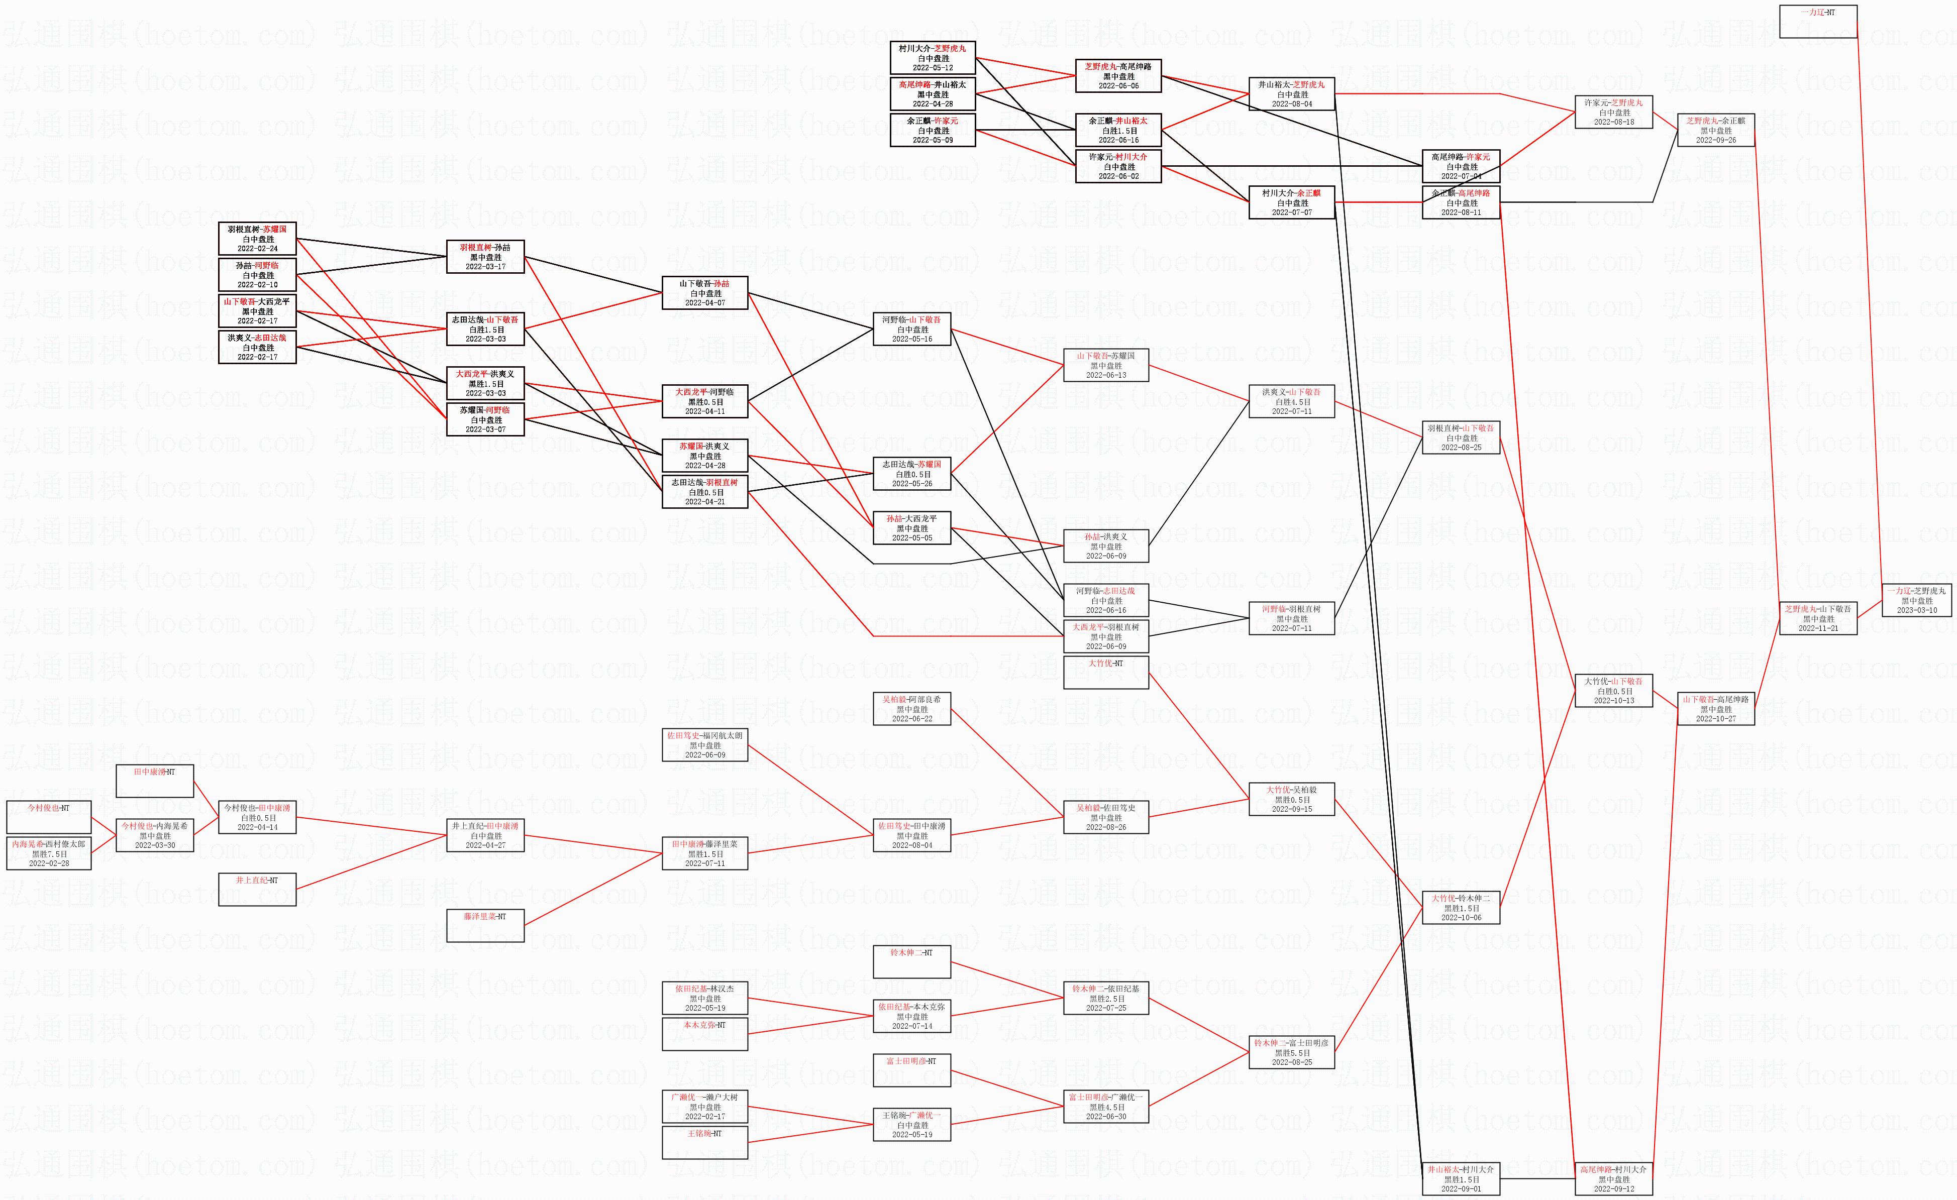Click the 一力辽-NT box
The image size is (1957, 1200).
click(1818, 22)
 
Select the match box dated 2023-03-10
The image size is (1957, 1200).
click(1916, 600)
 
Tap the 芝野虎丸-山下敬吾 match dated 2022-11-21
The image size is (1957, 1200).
click(1818, 618)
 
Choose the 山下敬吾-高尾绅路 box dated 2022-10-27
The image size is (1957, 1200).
click(1715, 708)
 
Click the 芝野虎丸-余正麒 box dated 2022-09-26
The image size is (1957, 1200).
click(1715, 130)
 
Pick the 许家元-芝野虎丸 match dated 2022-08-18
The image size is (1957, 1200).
click(1613, 112)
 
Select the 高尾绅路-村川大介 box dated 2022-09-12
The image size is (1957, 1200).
click(1613, 1178)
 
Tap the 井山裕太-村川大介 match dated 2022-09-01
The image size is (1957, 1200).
click(1461, 1178)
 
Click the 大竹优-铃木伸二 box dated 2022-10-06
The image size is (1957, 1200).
click(1461, 908)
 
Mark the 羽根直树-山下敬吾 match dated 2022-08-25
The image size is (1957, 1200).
click(1461, 438)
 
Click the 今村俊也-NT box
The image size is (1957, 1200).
click(48, 817)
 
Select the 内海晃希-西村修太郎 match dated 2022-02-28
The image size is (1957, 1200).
click(48, 853)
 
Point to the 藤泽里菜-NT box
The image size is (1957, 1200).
click(485, 925)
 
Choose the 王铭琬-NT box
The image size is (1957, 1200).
click(704, 1142)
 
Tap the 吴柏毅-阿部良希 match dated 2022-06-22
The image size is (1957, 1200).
click(912, 708)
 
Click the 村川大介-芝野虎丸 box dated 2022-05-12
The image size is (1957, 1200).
click(933, 58)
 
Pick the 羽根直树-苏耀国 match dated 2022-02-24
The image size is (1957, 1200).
click(257, 238)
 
